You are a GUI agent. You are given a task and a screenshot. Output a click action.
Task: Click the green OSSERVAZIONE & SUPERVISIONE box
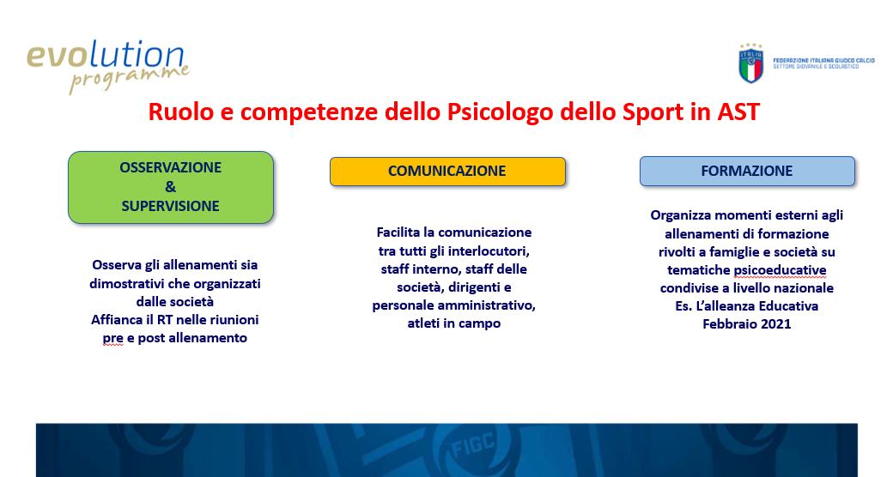(x=171, y=187)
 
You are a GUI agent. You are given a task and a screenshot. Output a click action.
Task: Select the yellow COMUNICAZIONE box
(x=447, y=172)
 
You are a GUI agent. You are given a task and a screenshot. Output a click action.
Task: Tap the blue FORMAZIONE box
(x=747, y=172)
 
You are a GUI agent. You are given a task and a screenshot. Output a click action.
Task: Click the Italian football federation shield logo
(x=751, y=63)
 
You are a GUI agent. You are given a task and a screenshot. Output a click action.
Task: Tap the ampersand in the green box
(x=171, y=187)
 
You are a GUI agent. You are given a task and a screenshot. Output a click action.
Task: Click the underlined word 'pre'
(x=112, y=339)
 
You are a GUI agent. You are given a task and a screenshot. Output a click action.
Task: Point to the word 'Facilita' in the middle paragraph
(x=398, y=232)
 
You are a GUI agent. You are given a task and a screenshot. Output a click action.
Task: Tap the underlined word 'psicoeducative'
(x=780, y=270)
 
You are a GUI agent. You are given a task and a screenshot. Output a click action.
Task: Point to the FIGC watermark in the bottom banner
(x=474, y=445)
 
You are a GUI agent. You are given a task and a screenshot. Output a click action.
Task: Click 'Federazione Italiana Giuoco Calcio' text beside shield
(x=823, y=60)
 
